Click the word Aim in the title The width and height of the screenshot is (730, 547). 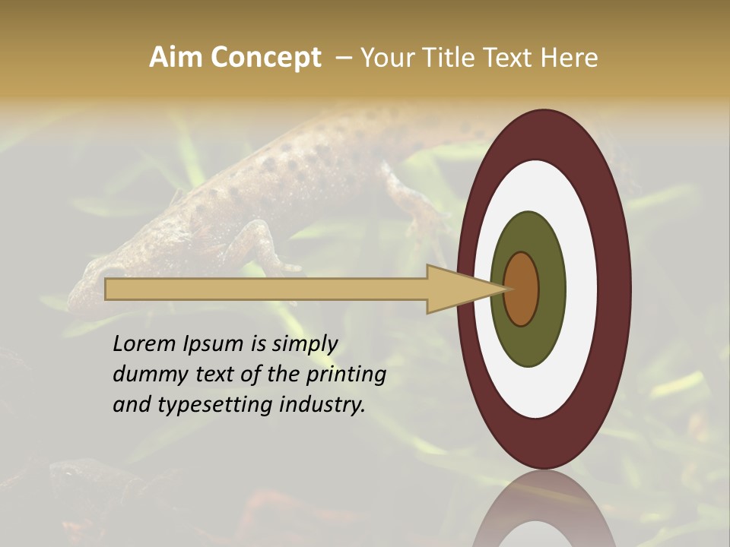(x=176, y=58)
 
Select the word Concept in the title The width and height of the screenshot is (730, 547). (x=265, y=58)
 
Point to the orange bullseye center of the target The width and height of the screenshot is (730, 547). (x=522, y=289)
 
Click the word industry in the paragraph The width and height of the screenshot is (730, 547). (x=322, y=405)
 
